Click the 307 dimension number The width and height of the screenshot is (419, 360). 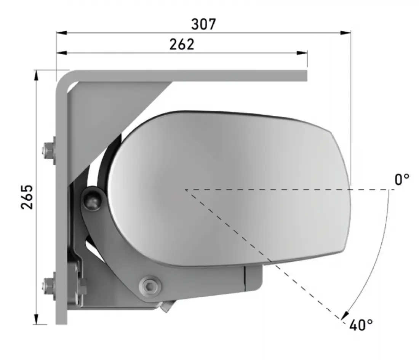203,24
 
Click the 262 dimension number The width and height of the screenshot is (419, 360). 182,44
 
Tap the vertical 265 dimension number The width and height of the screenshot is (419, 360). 27,197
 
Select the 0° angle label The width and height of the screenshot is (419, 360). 402,179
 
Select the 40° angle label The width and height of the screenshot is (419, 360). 361,325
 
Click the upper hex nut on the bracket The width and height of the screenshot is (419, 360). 48,151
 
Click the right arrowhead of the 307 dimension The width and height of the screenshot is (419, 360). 345,33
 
